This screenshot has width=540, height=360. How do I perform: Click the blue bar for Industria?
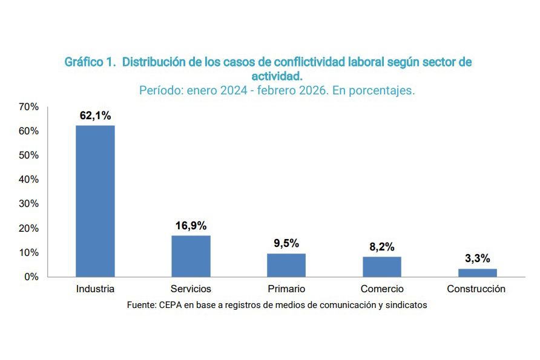click(95, 201)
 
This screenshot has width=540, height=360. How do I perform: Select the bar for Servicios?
click(191, 256)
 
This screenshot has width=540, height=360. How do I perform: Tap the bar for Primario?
click(286, 265)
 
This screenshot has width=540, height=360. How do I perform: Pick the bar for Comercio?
click(382, 267)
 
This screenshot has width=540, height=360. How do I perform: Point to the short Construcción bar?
click(478, 273)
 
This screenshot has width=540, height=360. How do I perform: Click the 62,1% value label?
click(95, 115)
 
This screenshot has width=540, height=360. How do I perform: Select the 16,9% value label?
click(191, 225)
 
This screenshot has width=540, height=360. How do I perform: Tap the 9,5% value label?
click(286, 243)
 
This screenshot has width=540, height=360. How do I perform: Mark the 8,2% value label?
click(382, 246)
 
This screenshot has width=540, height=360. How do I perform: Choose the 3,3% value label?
click(478, 258)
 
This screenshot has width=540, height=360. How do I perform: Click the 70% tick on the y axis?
click(29, 106)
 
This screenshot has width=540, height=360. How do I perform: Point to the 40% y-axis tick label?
click(29, 180)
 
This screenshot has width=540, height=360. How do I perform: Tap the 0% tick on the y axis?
click(31, 277)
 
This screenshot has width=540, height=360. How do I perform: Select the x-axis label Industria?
click(95, 289)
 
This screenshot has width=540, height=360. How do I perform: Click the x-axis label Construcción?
click(476, 289)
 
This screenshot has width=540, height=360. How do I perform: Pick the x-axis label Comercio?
click(382, 289)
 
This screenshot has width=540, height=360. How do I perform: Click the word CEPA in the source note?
click(171, 306)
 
